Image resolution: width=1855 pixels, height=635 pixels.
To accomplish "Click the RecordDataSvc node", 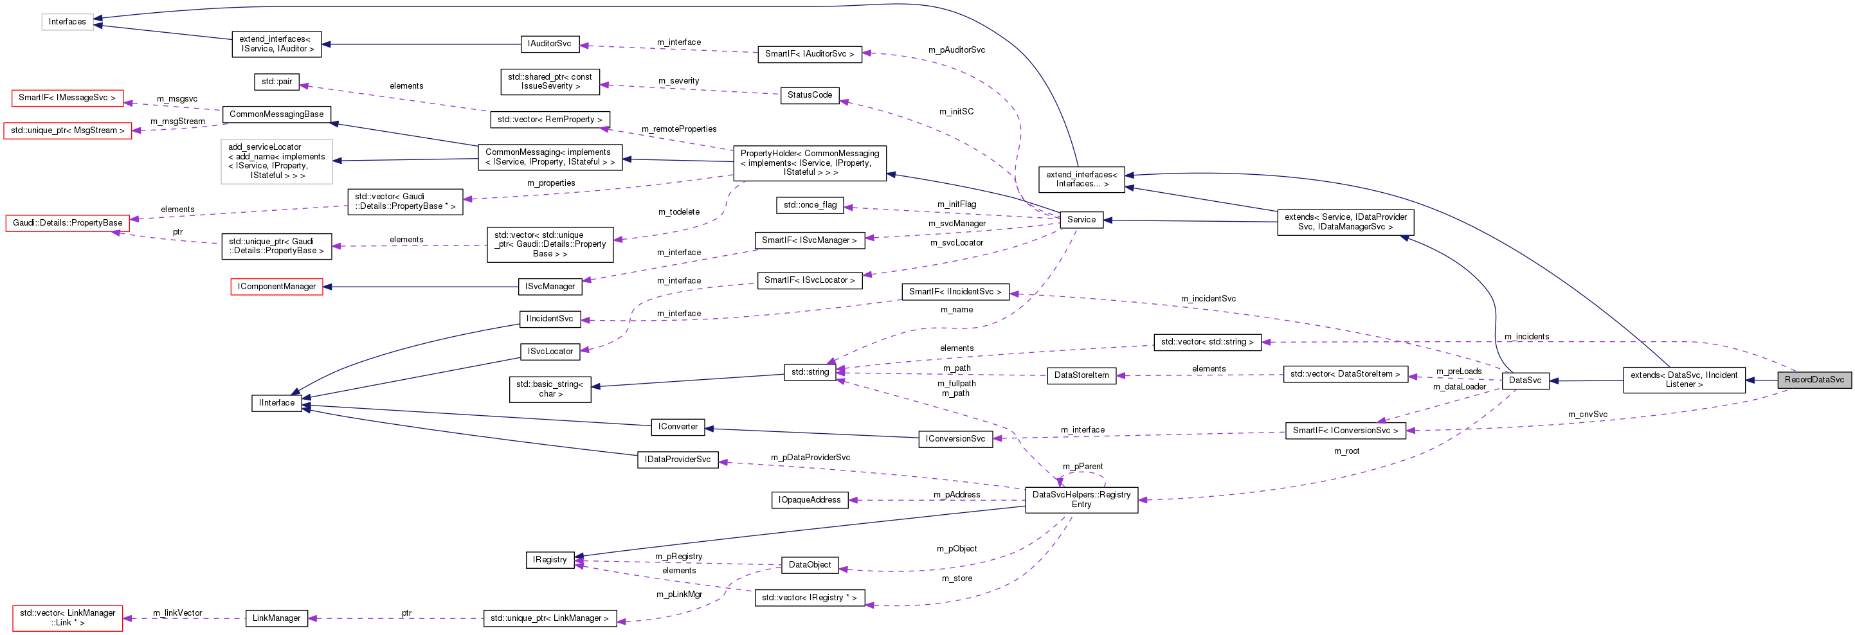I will click(x=1814, y=379).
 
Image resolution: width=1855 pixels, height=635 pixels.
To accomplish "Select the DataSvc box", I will click(x=1525, y=380).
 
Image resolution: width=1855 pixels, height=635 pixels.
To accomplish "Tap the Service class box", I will click(x=1081, y=220).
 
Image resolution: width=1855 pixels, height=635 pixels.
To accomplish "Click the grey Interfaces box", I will click(x=67, y=22).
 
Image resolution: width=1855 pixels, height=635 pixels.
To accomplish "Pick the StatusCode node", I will click(x=810, y=95).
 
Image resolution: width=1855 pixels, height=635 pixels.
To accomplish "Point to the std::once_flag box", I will click(x=810, y=204).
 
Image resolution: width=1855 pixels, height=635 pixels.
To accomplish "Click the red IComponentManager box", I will click(x=276, y=287).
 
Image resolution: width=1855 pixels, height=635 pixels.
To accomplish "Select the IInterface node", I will click(x=276, y=402).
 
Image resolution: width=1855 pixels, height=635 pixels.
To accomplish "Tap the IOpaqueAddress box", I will click(x=810, y=499).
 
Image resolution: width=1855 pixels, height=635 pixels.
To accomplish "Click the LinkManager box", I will click(x=276, y=618).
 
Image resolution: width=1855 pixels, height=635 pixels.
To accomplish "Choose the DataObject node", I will click(x=810, y=564).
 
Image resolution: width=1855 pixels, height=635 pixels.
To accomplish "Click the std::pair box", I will click(x=276, y=82).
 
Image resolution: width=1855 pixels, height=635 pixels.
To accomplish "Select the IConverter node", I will click(x=678, y=426).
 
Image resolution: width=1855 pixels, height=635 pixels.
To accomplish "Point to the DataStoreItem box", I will click(x=1081, y=375).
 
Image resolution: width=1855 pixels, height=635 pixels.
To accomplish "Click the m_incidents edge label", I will click(x=1526, y=336).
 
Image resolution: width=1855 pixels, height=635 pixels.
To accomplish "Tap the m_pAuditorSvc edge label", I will click(x=956, y=49).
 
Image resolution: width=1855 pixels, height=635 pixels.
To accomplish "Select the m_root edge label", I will click(x=1346, y=451).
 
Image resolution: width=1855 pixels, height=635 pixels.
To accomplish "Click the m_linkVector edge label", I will click(x=177, y=613).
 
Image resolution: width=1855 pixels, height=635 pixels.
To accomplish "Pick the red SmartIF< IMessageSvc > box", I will click(x=67, y=97).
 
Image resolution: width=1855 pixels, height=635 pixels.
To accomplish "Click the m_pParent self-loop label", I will click(x=1082, y=466).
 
